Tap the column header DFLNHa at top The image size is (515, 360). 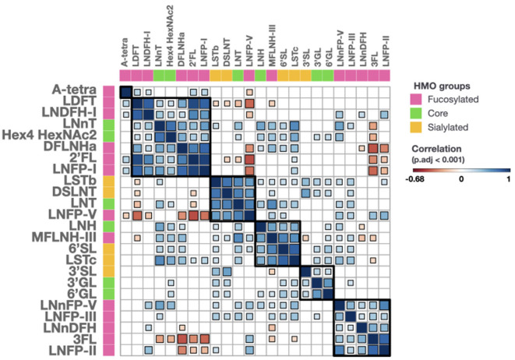pos(181,43)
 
